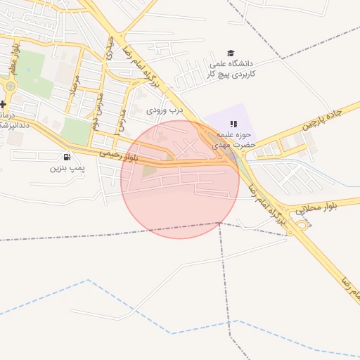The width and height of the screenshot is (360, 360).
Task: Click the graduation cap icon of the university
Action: coord(230,53)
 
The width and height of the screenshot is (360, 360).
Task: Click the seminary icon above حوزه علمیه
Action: coord(233,124)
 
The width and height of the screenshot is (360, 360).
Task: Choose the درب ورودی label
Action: coord(164,110)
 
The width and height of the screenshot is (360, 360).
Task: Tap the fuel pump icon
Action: coord(67,157)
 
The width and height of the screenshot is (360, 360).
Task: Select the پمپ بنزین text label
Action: coord(67,168)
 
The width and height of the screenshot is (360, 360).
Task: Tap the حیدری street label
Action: coord(109,48)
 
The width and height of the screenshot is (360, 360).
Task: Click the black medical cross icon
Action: coord(3,104)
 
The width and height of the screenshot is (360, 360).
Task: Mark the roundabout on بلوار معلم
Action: coord(11,86)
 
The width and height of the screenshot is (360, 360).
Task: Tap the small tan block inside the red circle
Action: coord(150,169)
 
